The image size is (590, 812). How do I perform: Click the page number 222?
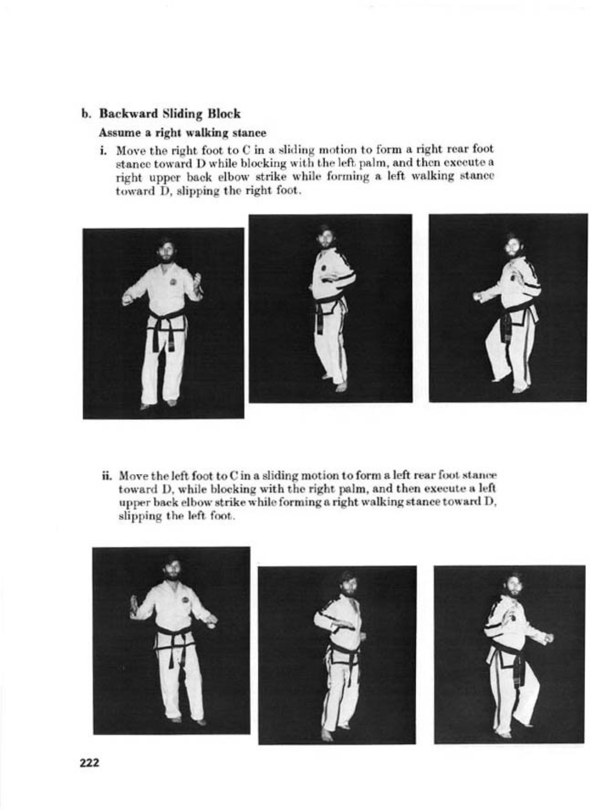point(89,762)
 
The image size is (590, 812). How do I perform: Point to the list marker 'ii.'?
point(108,476)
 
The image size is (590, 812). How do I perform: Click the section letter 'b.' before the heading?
point(86,113)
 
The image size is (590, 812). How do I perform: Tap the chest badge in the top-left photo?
point(174,282)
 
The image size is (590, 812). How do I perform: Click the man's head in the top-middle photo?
point(325,237)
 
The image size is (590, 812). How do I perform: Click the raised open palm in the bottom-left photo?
point(134,605)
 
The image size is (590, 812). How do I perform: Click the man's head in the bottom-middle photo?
point(347,584)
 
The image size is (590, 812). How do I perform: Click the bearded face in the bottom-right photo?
point(513,586)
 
